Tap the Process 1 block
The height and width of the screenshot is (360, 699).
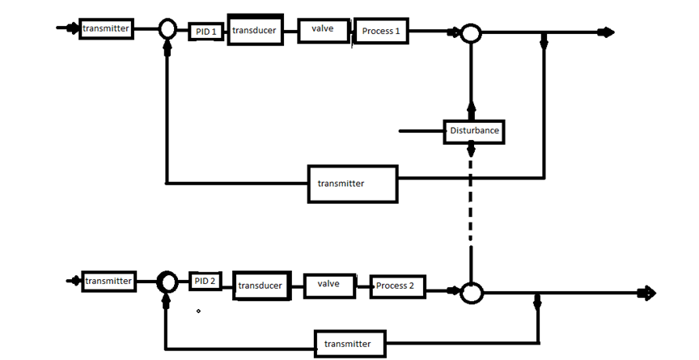click(380, 31)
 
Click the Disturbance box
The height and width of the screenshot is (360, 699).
click(474, 130)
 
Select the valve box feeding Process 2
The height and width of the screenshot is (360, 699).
click(328, 285)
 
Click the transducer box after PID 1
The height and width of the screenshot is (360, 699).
click(255, 30)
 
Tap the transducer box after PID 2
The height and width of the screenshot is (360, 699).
click(261, 286)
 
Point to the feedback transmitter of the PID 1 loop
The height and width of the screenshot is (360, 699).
click(352, 183)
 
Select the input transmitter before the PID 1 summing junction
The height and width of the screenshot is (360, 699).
click(105, 29)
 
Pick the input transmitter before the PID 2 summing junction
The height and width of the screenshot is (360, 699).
click(108, 281)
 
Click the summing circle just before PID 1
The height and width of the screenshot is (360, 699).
click(167, 30)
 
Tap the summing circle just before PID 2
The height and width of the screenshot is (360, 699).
click(167, 282)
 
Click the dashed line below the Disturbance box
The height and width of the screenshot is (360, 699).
click(470, 210)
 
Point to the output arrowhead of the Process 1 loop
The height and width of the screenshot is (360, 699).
click(607, 32)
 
